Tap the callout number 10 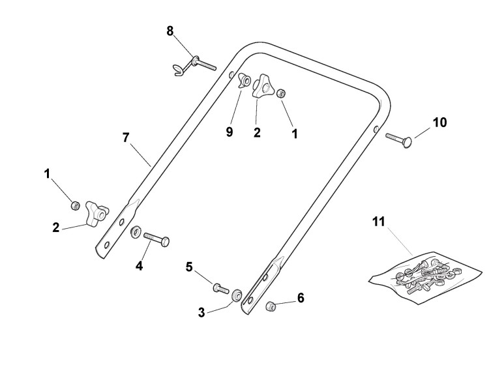[x=439, y=122]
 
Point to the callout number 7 [x=126, y=138]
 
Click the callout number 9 [x=229, y=131]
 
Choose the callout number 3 [x=201, y=312]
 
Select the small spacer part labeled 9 [x=245, y=81]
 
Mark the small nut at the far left [x=76, y=205]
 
